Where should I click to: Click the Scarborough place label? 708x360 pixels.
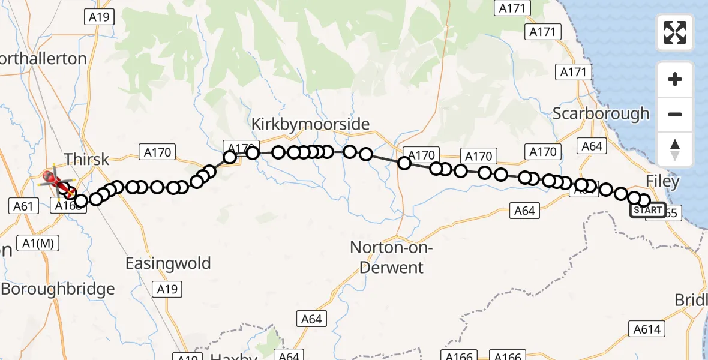coord(601,113)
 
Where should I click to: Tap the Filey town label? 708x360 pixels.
coord(662,181)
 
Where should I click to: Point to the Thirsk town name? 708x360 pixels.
coord(86,159)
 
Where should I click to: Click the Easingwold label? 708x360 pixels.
coord(168,263)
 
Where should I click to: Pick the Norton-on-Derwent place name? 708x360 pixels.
coord(391,257)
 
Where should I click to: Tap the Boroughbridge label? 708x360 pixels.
coord(58,289)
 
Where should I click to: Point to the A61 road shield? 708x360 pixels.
coord(23,206)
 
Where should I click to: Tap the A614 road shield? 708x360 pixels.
coord(647,329)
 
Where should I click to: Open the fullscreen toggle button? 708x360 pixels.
coord(675,32)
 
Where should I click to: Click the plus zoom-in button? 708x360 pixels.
coord(675,79)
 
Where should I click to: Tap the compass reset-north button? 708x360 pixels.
coord(675,149)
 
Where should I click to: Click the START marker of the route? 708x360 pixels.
coord(648,210)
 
